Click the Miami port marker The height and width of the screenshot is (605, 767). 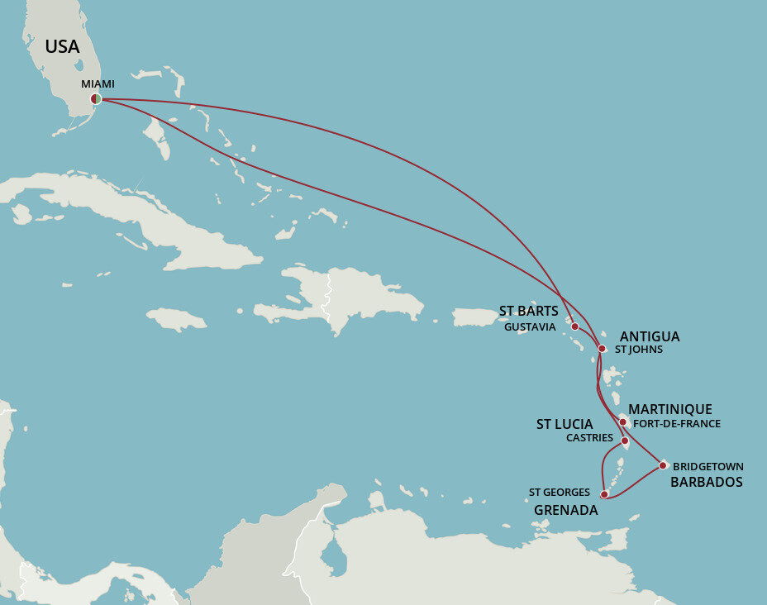[97, 99]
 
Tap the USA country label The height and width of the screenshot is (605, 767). [62, 47]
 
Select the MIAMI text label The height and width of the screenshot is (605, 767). [98, 84]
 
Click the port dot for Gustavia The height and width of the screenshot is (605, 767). [574, 326]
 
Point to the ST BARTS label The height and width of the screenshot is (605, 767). [529, 312]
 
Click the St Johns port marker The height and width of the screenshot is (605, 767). [602, 349]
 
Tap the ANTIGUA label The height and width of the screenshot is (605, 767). [649, 336]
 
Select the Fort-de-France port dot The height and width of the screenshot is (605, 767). [623, 422]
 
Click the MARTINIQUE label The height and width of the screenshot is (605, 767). [669, 409]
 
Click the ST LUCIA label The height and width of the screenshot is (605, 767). [565, 424]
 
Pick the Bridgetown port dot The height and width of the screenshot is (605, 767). [663, 465]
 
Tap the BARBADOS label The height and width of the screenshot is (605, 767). [706, 482]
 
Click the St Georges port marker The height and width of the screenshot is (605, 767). [604, 494]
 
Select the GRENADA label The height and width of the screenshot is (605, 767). [565, 510]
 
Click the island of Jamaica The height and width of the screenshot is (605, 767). [176, 318]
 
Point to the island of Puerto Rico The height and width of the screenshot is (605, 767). [474, 317]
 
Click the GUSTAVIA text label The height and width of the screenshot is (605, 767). [529, 326]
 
